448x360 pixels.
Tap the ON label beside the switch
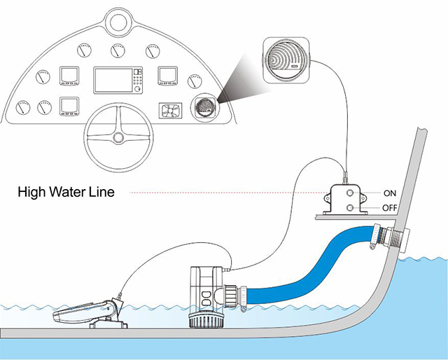[390, 192]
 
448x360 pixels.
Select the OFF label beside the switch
[391, 208]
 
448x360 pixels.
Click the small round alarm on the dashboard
[202, 109]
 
